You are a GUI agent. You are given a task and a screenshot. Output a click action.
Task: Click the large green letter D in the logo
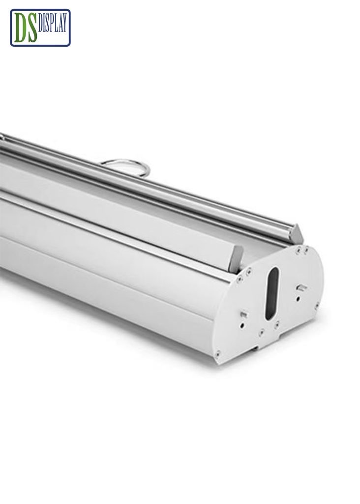[21, 29]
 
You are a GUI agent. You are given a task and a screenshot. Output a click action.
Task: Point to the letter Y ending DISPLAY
[65, 22]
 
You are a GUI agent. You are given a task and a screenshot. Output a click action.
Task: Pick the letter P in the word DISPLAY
[54, 22]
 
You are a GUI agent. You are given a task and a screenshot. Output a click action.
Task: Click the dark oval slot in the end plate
[272, 293]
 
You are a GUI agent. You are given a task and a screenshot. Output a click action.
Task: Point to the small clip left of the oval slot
[243, 314]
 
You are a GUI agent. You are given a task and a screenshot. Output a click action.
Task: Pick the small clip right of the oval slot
[302, 287]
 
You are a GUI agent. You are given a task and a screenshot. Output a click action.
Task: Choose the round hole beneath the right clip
[298, 298]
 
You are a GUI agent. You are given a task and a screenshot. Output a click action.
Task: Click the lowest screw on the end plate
[218, 352]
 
